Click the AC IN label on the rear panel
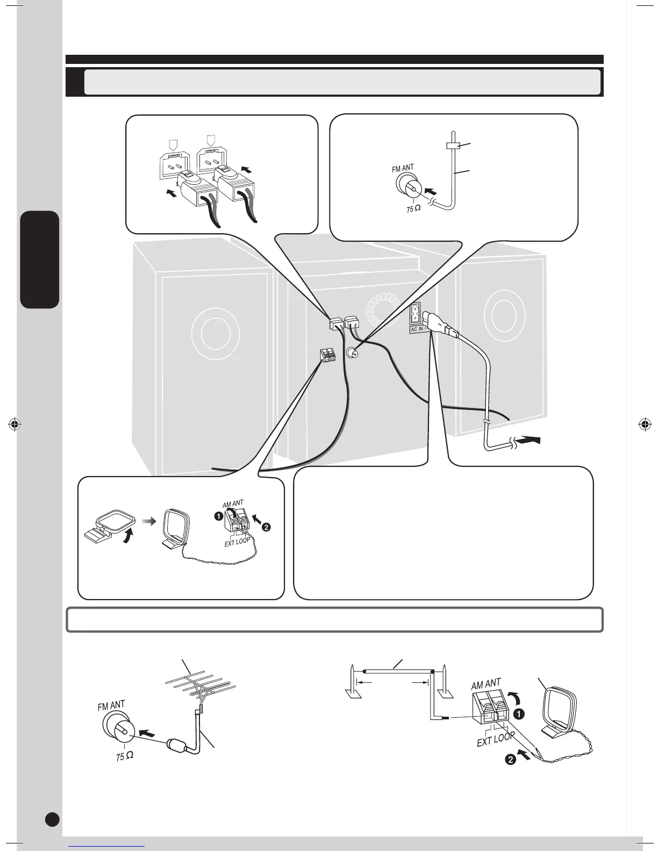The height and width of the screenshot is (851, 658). pyautogui.click(x=417, y=327)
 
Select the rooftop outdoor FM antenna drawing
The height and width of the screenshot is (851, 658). pyautogui.click(x=200, y=686)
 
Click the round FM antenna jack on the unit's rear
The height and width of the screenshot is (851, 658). pyautogui.click(x=353, y=353)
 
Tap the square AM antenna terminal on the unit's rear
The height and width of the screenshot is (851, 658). pyautogui.click(x=326, y=355)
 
